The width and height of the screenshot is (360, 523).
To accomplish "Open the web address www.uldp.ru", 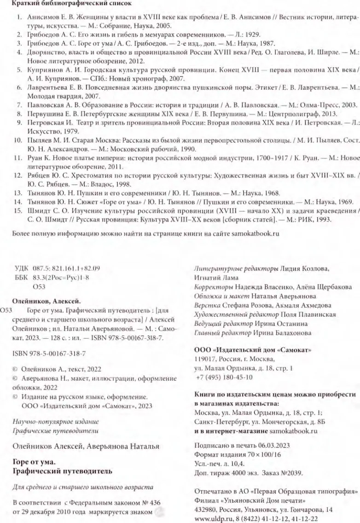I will tap(211, 515).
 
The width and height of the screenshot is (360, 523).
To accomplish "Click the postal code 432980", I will tap(207, 506).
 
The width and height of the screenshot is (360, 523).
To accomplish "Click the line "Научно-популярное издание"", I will tap(56, 421).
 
